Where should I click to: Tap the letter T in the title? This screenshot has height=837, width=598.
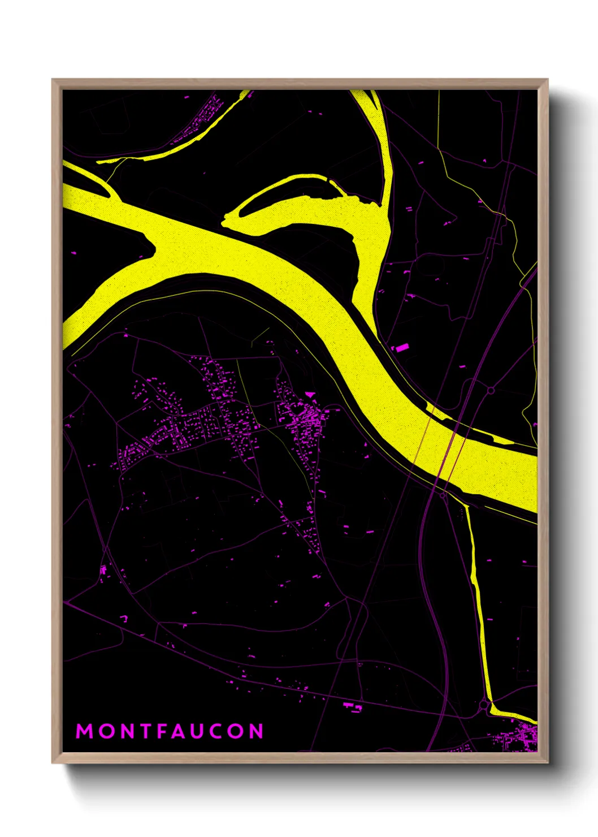click(146, 731)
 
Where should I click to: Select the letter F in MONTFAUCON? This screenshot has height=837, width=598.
click(165, 731)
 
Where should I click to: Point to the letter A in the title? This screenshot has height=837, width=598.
click(184, 731)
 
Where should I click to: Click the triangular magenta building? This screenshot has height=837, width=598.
click(310, 394)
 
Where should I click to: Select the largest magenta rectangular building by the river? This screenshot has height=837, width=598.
click(401, 348)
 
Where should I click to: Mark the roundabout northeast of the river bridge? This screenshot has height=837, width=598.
click(491, 390)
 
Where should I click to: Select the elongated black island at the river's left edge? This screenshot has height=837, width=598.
click(85, 181)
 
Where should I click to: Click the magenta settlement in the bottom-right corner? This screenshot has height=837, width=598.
click(517, 738)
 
